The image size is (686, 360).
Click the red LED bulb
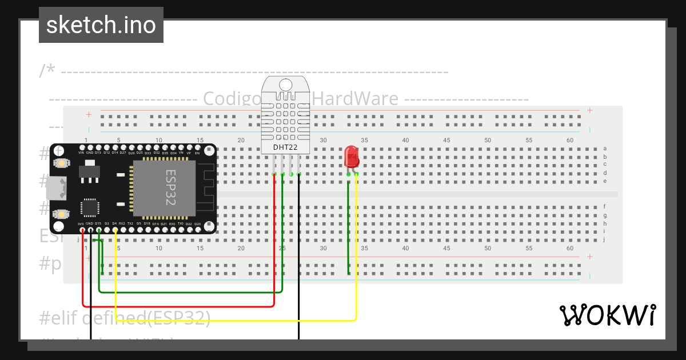point(352,156)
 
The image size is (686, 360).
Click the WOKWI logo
point(607,315)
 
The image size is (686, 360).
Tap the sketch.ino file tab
point(101,25)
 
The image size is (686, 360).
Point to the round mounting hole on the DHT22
point(286,85)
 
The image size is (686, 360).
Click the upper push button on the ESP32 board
point(59,163)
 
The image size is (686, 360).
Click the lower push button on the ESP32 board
point(59,214)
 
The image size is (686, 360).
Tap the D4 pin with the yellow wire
point(115,230)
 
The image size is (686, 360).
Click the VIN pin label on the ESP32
point(81,153)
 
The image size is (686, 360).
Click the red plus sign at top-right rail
point(589,110)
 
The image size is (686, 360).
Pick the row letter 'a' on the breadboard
point(605,149)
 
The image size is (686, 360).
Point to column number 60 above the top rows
point(569,141)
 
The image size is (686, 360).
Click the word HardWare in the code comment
point(355,99)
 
